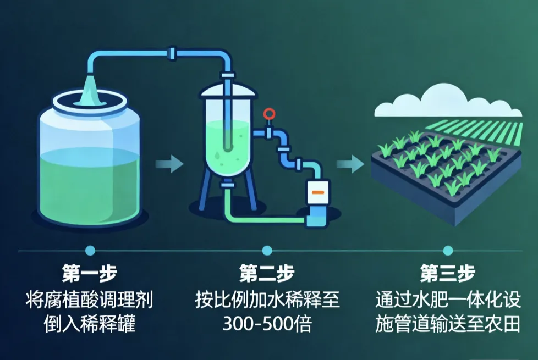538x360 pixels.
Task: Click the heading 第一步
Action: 89,273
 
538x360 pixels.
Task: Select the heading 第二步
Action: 267,273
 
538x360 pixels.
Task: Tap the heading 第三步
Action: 447,273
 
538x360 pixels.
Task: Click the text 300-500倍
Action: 267,324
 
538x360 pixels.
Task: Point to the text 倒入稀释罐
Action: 89,324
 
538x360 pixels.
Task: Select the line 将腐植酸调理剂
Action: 89,300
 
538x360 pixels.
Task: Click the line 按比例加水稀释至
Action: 267,300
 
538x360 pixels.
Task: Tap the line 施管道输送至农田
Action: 447,324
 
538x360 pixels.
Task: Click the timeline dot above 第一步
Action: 90,251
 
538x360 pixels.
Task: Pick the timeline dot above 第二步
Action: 267,251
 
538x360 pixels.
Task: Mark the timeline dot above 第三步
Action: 447,251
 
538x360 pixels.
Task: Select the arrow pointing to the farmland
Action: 350,163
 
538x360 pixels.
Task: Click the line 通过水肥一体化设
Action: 447,300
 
